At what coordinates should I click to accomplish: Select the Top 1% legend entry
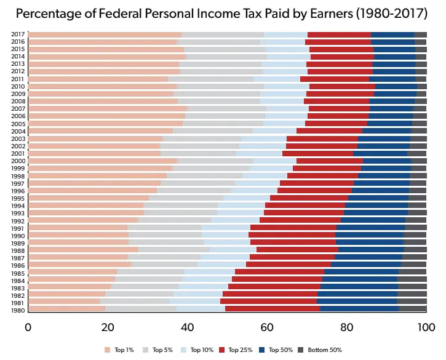coord(121,350)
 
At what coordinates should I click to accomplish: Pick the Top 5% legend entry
coord(159,350)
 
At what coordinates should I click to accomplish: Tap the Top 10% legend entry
coord(197,350)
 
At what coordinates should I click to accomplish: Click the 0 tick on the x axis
coord(28,326)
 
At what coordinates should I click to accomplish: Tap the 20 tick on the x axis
coord(108,326)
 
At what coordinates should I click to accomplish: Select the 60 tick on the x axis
coord(267,326)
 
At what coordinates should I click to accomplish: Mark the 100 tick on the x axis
coord(426,326)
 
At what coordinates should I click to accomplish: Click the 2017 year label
coord(18,34)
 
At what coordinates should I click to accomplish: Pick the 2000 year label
coord(18,161)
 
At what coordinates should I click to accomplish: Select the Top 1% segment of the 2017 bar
coord(105,34)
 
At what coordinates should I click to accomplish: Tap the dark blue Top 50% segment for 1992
coord(373,220)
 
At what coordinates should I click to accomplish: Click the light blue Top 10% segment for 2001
coord(259,153)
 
